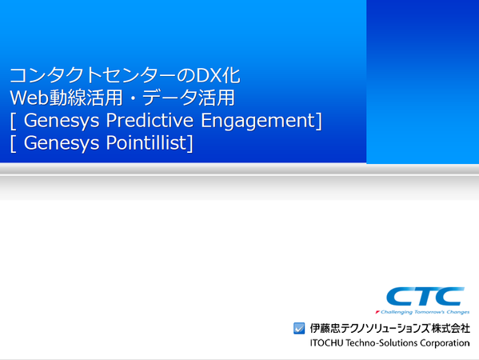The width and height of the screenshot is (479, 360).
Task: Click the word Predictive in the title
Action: coord(150,121)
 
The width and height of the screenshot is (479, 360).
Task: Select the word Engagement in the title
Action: coord(257,121)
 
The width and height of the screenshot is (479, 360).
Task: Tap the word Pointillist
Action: coord(146,142)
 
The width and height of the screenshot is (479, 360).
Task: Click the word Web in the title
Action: coord(30,98)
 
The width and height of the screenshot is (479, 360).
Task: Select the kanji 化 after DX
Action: coord(231,75)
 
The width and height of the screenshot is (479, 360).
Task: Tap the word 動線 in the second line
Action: coord(68,98)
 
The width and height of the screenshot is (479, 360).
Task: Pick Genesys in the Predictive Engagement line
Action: coord(62,121)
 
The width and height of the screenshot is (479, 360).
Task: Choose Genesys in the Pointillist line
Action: coord(62,143)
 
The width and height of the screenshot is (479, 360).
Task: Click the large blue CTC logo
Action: coord(425,296)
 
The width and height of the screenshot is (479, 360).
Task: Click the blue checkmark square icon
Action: coord(299,328)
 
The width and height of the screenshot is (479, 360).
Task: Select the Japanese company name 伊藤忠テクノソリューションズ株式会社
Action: coord(389,328)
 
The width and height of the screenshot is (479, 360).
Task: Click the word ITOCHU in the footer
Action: coord(326,343)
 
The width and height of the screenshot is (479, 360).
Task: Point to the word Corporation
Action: coord(445,343)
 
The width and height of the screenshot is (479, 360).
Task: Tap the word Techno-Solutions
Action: coord(381,343)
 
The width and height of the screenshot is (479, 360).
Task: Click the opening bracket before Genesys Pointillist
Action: coord(13,143)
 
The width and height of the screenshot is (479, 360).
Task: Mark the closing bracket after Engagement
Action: coord(318,121)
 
